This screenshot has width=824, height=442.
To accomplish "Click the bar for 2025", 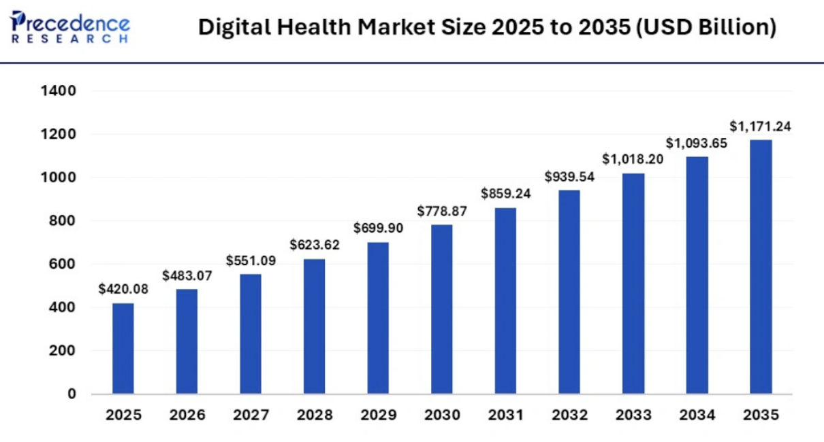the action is (x=123, y=348).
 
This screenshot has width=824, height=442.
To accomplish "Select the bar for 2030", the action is (x=442, y=309).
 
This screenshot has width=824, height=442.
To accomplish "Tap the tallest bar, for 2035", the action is (x=761, y=267).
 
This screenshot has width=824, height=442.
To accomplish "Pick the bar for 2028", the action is (x=314, y=326).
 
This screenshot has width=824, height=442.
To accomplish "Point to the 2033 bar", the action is (x=633, y=284).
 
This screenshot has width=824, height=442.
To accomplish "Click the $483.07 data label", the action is (x=187, y=275).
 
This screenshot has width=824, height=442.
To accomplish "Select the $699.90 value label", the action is (x=378, y=228).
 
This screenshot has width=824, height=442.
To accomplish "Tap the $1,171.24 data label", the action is (x=761, y=126).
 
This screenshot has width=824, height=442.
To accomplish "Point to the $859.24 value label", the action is (x=506, y=194).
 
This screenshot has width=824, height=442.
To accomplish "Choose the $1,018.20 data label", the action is (x=633, y=159).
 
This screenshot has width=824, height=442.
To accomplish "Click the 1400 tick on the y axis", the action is (x=58, y=90).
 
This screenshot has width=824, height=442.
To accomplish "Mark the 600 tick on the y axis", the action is (x=62, y=264).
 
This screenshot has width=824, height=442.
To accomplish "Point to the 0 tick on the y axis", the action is (x=72, y=394).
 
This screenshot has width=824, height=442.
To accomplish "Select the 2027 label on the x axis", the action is (x=251, y=415).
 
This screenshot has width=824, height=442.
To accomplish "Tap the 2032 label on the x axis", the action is (x=569, y=415).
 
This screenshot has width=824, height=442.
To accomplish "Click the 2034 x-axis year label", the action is (x=697, y=415).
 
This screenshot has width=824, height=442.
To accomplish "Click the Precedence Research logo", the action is (x=70, y=27).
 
